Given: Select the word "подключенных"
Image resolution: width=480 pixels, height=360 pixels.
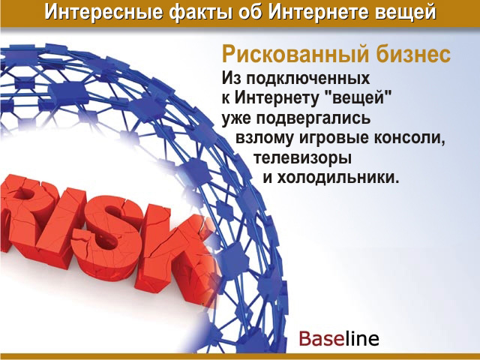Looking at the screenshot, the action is (x=308, y=78).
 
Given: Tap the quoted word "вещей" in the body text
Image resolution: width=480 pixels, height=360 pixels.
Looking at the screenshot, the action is (x=358, y=98).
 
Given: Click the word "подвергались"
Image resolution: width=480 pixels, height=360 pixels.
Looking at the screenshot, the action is (x=313, y=118).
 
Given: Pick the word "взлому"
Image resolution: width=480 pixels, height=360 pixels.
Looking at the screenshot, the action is (x=265, y=138).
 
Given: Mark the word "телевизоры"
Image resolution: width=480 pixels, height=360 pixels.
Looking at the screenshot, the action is (x=302, y=158).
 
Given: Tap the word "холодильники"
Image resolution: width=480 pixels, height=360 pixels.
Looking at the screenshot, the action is (x=338, y=178).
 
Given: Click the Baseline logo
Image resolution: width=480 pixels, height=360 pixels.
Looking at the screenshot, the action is (x=339, y=338).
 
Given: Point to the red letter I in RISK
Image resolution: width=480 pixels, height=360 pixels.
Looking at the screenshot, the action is (x=63, y=226).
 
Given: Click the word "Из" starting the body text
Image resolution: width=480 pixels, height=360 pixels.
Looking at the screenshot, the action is (x=232, y=78).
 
